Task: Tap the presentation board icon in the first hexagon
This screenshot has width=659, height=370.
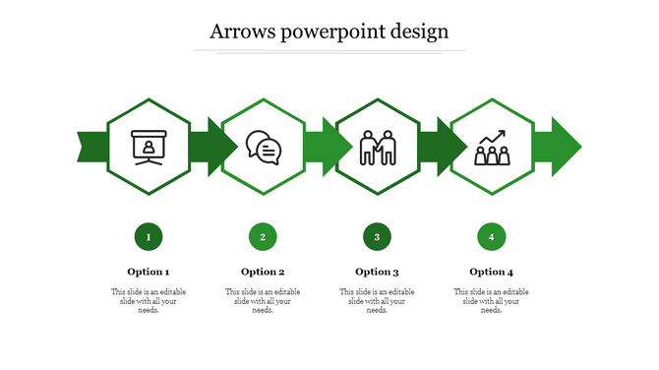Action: pos(149,147)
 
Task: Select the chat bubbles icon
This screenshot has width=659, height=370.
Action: pos(263,148)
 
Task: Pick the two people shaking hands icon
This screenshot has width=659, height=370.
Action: pos(377,148)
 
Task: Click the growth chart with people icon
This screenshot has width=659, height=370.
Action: pos(491,148)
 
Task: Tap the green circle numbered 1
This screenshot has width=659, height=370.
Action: pos(149,236)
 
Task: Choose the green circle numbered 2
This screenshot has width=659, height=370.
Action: pos(263,236)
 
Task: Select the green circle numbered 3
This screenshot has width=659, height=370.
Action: pos(377,236)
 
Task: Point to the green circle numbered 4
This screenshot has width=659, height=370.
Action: pos(491,236)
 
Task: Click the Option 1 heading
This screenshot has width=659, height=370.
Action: pos(149,272)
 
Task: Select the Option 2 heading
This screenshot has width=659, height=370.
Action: pos(263,272)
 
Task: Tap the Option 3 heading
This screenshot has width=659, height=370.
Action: pos(377,272)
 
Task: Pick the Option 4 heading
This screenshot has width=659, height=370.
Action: pos(491,272)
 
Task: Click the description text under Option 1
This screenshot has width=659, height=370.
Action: pos(149,301)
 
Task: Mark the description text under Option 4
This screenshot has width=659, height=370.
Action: pos(491,301)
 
